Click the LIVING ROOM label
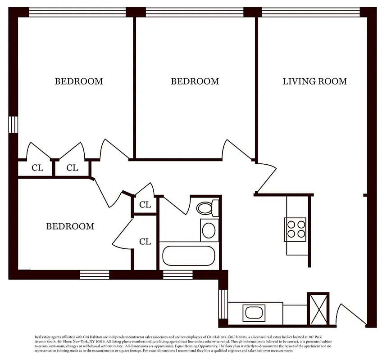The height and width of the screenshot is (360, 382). pos(314,81)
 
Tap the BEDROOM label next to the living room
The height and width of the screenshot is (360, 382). pos(195,81)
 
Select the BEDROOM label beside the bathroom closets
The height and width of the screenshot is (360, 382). pos(70,226)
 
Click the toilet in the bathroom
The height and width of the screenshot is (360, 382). pos(206,208)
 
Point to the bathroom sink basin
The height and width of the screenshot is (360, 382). pos(209,230)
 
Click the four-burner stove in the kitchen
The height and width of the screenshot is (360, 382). pos(296,228)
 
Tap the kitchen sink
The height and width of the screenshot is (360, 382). pos(254,313)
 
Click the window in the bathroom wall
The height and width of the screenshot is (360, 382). pos(177,274)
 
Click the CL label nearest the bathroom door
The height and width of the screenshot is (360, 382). pos(145,205)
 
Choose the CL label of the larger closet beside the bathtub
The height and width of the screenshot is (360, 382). pos(145,242)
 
